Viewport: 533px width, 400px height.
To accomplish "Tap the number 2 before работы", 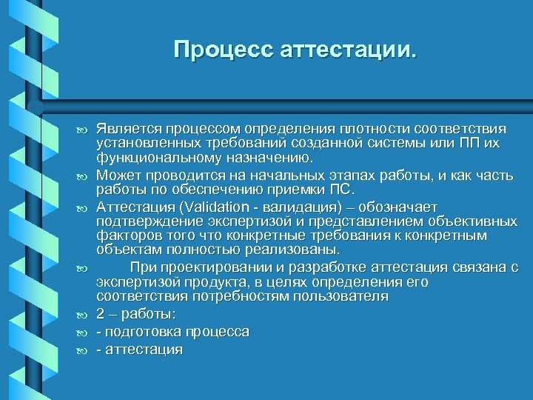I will [x=101, y=314].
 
